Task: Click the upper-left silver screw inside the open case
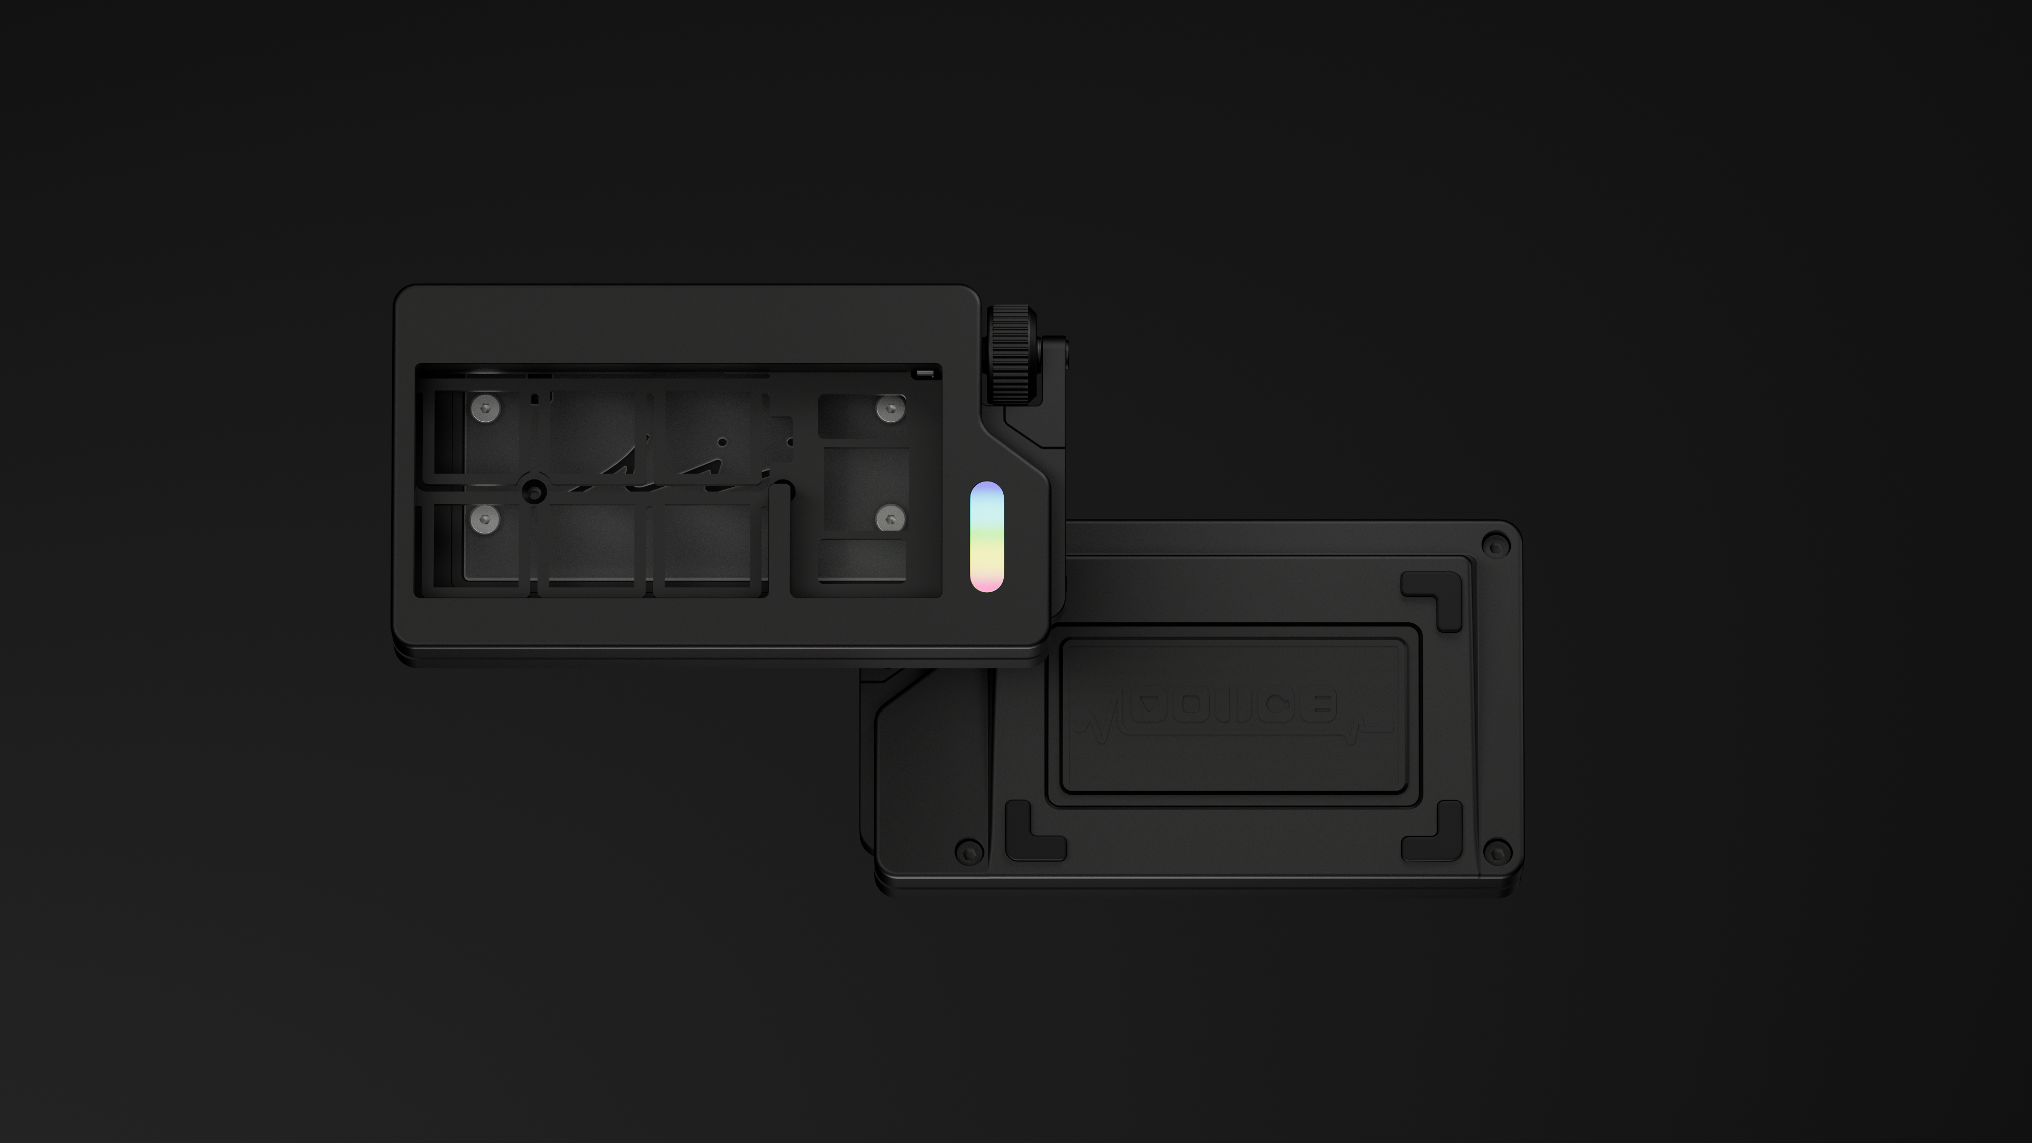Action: click(x=485, y=409)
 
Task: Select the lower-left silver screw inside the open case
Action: click(x=485, y=519)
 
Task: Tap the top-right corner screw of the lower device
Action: click(x=1495, y=545)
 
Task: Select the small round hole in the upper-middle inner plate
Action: click(x=722, y=442)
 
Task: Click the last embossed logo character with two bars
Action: click(x=1317, y=704)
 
